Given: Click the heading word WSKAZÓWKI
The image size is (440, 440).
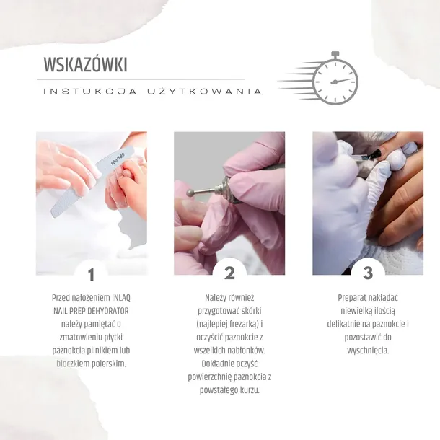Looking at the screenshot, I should tap(85, 64).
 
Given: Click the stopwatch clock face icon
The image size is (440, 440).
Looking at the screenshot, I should tap(335, 81).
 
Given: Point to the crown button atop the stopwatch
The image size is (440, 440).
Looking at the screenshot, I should tap(335, 54).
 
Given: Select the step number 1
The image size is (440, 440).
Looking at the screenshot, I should tap(91, 273).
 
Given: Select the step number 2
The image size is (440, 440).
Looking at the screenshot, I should tap(229, 273).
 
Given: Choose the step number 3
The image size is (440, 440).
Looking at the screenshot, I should tap(368, 273).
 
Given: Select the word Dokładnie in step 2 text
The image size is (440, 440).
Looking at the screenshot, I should tap(212, 364).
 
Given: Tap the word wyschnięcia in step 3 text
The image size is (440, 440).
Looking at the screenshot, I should tap(368, 351).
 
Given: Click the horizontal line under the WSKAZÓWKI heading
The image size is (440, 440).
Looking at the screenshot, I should tap(144, 79).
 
